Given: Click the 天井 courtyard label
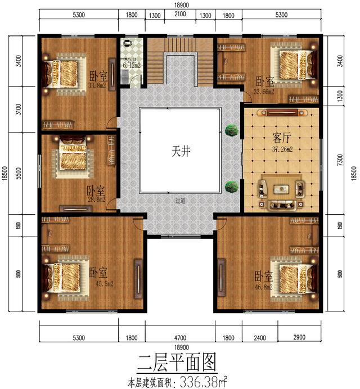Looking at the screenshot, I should click(x=179, y=151).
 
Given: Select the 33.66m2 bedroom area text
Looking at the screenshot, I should click(x=264, y=91).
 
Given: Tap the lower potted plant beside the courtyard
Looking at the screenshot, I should click(x=229, y=187).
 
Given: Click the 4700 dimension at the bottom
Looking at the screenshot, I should click(x=179, y=337).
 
